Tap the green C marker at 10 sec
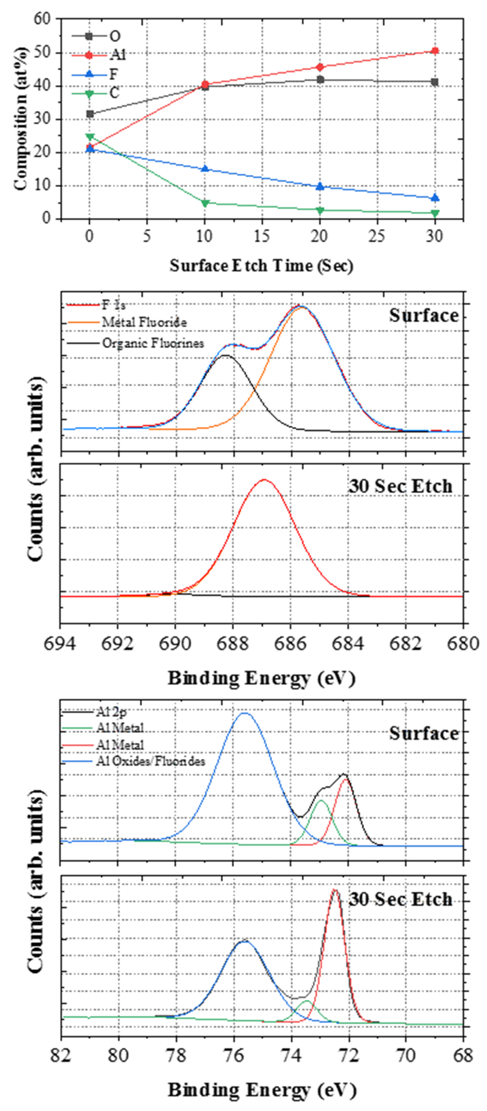tap(205, 203)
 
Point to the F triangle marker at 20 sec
tap(320, 186)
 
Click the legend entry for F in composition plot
tap(113, 75)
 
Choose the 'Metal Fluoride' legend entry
tap(144, 322)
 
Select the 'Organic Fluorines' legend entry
tap(152, 343)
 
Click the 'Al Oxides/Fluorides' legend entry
tap(150, 761)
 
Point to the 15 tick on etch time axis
tap(262, 236)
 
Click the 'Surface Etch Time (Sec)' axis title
tap(261, 266)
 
